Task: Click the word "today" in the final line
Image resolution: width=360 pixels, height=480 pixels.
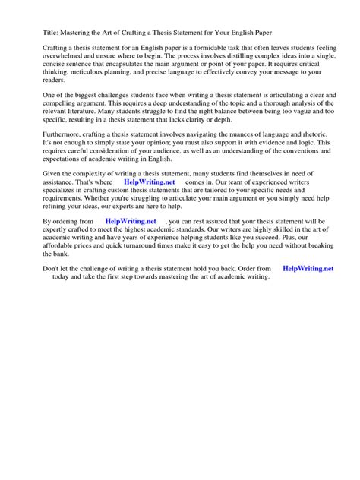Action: point(62,277)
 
